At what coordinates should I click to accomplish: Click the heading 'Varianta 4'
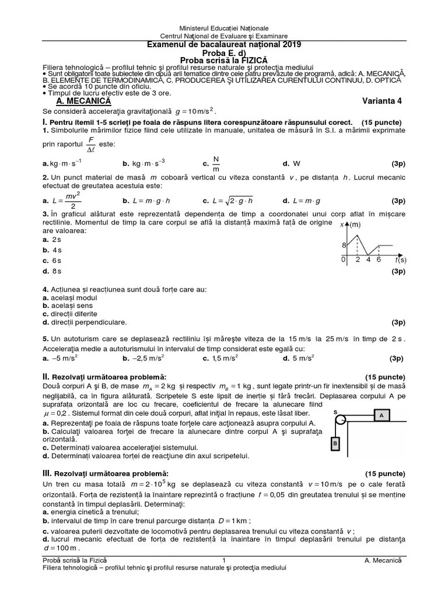tap(381, 100)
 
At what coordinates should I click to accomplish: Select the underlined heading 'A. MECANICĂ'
tap(78, 100)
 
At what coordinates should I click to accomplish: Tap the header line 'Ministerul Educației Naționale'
tap(223, 28)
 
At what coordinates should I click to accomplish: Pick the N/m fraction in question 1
tap(216, 164)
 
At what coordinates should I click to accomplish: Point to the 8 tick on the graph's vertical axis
tap(344, 245)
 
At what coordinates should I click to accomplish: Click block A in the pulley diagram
tap(381, 415)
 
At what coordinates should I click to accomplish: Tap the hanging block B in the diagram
tap(335, 444)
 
